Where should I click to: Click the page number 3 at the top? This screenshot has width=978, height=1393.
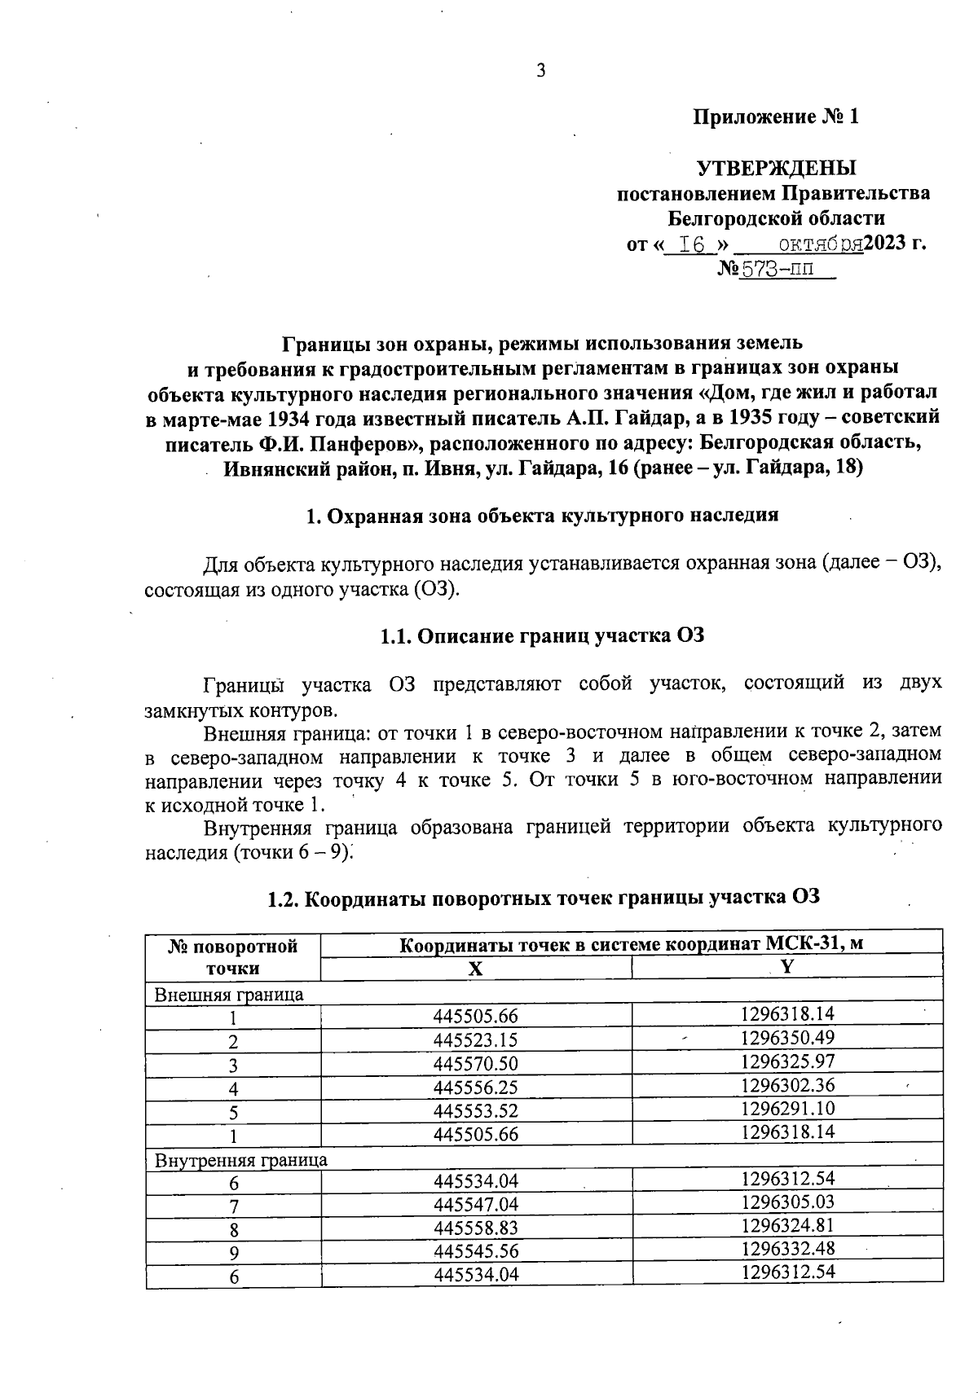540,71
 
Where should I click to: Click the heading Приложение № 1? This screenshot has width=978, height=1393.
776,117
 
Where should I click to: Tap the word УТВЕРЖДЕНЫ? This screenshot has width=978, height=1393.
776,169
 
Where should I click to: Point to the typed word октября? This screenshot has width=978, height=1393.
820,244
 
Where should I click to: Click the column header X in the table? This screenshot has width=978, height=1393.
476,969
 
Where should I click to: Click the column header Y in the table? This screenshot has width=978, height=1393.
786,967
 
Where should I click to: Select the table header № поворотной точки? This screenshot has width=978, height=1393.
233,957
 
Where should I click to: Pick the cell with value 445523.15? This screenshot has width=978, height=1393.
476,1040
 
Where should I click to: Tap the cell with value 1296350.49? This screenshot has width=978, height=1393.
788,1038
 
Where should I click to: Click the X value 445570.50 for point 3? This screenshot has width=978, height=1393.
476,1064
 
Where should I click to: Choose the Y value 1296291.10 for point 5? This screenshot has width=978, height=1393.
788,1109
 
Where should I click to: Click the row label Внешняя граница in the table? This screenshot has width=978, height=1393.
229,994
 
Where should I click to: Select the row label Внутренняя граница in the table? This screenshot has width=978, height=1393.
240,1160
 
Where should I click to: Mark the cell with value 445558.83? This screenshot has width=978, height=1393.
476,1228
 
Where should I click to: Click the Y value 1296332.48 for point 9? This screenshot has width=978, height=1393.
788,1248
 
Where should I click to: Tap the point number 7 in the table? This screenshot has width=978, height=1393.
234,1205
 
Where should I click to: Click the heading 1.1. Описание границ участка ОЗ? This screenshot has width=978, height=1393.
542,636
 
